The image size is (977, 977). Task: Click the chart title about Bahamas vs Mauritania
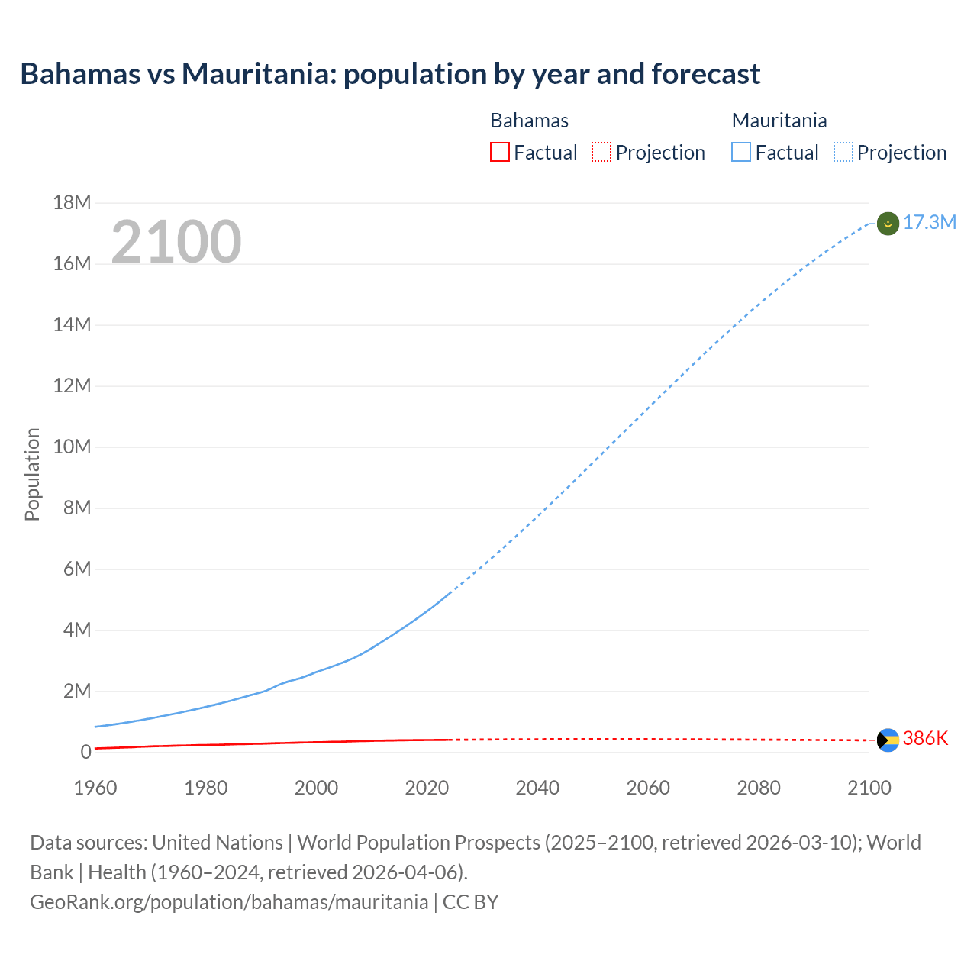(390, 74)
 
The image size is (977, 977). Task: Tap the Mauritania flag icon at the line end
(888, 224)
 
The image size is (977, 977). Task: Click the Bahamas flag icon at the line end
(888, 740)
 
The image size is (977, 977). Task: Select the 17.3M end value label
(930, 222)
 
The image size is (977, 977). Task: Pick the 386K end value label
(925, 738)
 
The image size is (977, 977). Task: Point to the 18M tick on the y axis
(72, 202)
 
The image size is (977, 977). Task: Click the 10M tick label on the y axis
(72, 447)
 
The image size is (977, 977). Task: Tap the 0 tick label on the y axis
(85, 752)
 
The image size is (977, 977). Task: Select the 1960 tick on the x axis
(95, 788)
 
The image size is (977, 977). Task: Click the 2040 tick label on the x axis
(537, 788)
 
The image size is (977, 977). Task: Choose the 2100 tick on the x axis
(869, 788)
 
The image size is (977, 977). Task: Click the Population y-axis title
(32, 474)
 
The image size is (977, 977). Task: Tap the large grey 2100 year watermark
(176, 242)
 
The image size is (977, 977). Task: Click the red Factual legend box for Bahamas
(500, 153)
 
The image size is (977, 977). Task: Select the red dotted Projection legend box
(601, 153)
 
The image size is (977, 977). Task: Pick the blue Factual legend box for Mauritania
(741, 153)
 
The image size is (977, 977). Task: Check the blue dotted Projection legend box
(843, 153)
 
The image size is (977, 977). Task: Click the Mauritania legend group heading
(779, 121)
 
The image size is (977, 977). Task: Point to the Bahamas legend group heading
(529, 121)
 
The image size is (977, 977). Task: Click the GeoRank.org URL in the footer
(229, 901)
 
